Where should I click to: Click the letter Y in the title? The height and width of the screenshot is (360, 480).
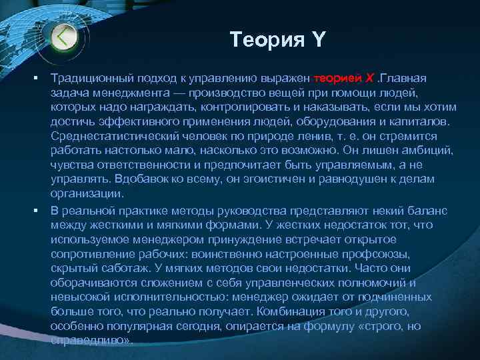pyautogui.click(x=317, y=41)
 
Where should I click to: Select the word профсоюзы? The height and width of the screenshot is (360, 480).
pyautogui.click(x=365, y=255)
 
